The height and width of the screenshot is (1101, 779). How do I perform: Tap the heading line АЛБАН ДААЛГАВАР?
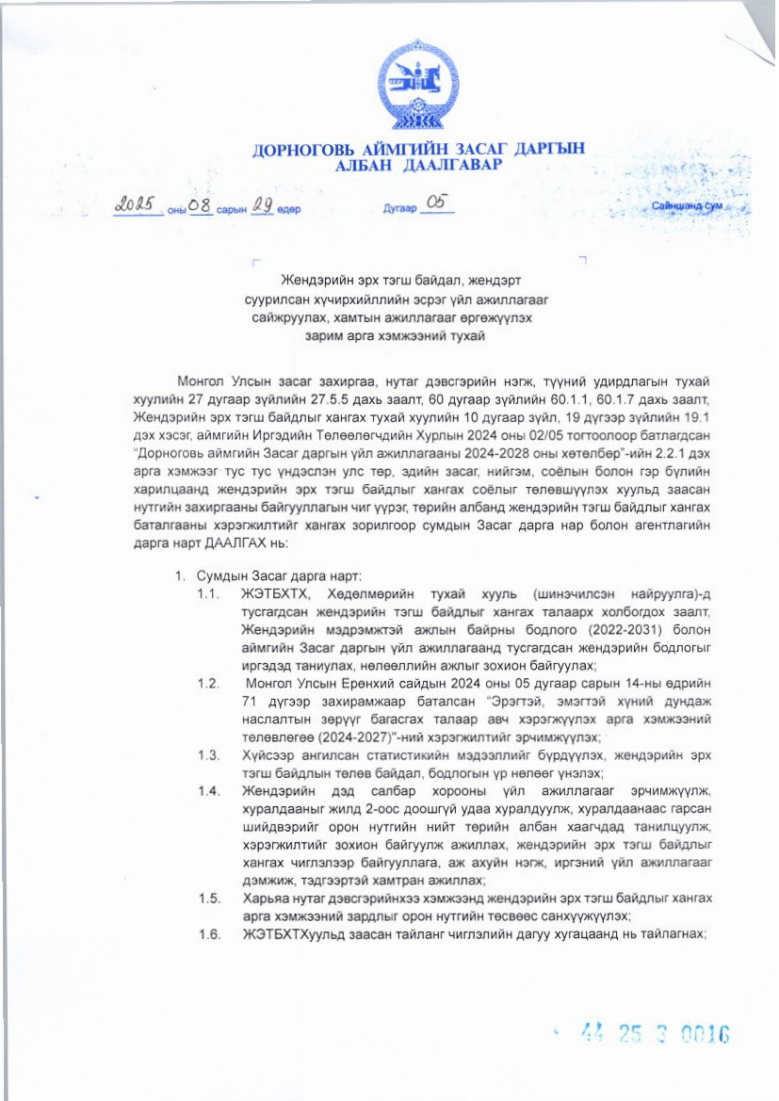418,166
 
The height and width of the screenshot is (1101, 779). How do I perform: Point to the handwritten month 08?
200,205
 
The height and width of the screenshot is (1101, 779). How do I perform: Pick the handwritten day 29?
262,205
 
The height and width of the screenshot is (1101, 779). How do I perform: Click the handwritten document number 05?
439,203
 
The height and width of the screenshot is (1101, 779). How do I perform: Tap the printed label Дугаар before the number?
398,209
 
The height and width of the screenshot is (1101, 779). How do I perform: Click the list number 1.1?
208,593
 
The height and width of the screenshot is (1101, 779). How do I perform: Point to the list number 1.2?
208,681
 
